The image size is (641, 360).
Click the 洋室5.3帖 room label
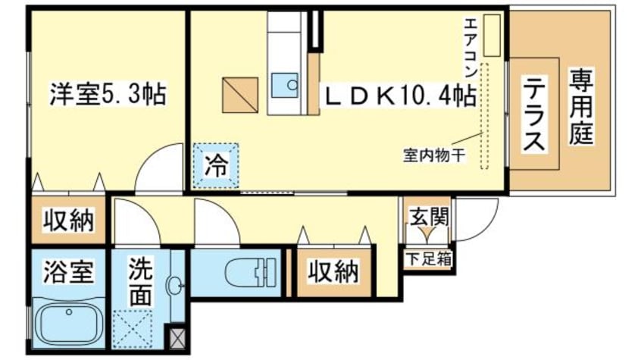[108, 95]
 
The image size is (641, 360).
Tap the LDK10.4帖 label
[401, 95]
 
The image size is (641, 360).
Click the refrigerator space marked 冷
[215, 166]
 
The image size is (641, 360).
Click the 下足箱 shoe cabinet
[428, 257]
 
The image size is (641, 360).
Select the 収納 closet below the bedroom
[67, 221]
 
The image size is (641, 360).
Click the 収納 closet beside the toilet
[333, 270]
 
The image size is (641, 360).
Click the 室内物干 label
[433, 158]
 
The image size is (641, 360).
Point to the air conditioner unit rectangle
[493, 35]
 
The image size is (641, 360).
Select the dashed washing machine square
[137, 328]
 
